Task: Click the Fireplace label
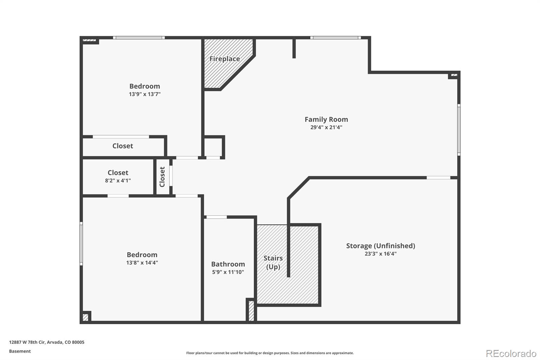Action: pyautogui.click(x=224, y=59)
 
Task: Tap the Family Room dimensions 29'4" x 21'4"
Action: pyautogui.click(x=326, y=127)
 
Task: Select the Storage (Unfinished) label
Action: pyautogui.click(x=381, y=246)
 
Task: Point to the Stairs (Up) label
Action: pyautogui.click(x=273, y=262)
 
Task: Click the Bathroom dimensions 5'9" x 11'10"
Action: pyautogui.click(x=228, y=272)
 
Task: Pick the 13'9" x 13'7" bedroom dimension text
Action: pyautogui.click(x=145, y=94)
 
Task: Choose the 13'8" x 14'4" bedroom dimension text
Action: pyautogui.click(x=142, y=262)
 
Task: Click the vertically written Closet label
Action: pyautogui.click(x=162, y=177)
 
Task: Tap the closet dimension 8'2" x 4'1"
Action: pyautogui.click(x=118, y=180)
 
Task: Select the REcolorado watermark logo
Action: pyautogui.click(x=511, y=354)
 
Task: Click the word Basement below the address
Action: pyautogui.click(x=20, y=351)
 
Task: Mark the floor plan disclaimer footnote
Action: pyautogui.click(x=270, y=353)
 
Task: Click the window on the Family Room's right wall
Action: pyautogui.click(x=459, y=130)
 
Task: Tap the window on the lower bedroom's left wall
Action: pyautogui.click(x=81, y=244)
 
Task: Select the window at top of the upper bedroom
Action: pyautogui.click(x=139, y=37)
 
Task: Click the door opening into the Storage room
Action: pyautogui.click(x=438, y=178)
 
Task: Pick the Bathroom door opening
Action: pyautogui.click(x=216, y=217)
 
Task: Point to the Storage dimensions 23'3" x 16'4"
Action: pyautogui.click(x=381, y=254)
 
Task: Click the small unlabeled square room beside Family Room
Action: pyautogui.click(x=213, y=147)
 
